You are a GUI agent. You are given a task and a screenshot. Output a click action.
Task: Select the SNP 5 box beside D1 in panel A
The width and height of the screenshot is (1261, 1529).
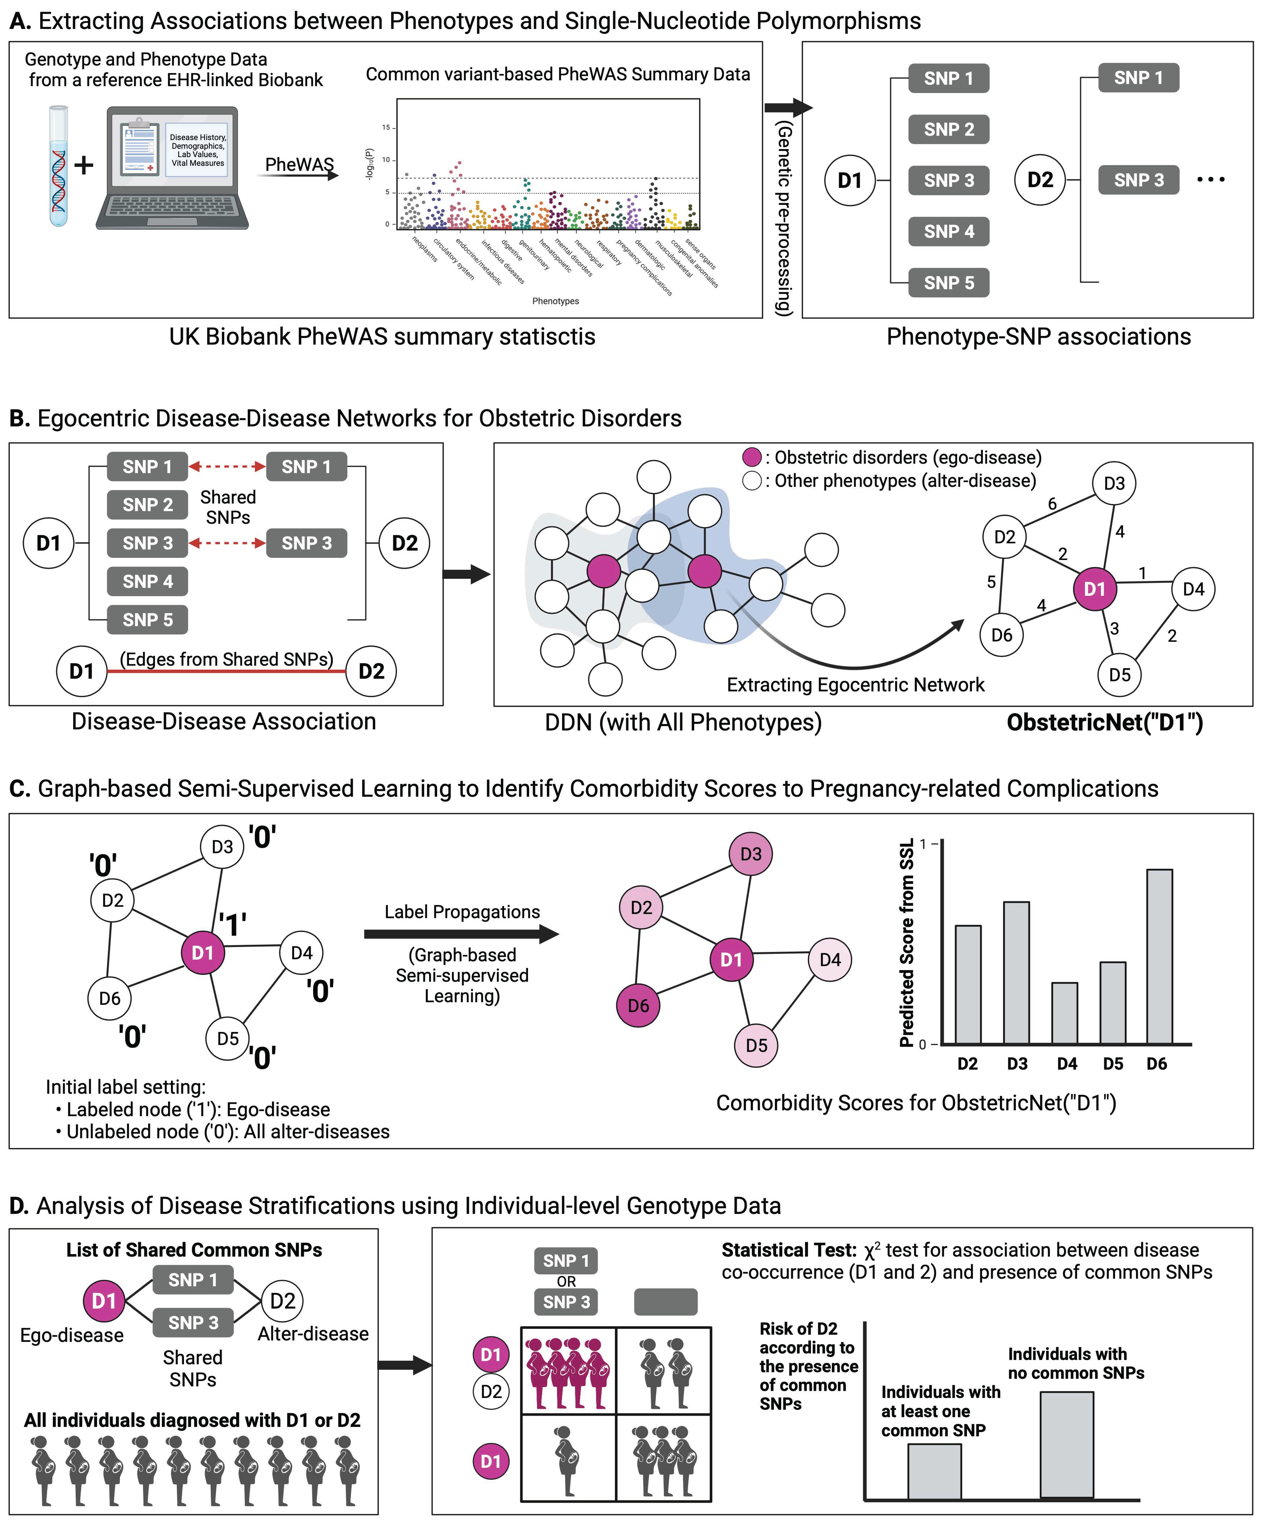coord(949,282)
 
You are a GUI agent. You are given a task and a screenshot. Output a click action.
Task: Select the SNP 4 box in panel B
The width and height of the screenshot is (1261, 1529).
coord(147,582)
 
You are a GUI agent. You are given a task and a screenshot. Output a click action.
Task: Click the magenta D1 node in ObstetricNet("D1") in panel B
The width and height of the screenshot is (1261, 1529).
coord(1095,589)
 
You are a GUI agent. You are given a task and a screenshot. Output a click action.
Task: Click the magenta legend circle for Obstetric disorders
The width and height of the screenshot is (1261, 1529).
coord(752,457)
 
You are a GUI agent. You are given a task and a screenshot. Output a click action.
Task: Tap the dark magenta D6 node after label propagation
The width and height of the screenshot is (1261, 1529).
coord(638,1006)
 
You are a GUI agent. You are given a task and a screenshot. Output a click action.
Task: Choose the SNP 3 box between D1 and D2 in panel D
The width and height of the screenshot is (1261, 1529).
coord(193,1322)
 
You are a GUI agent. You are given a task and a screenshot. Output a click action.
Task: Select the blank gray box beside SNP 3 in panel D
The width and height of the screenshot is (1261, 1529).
coord(665,1302)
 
